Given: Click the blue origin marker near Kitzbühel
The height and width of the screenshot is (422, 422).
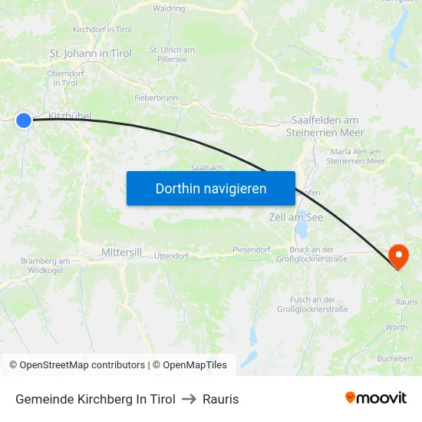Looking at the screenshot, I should (24, 120).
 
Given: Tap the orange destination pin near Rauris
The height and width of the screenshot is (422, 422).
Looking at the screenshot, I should (399, 256).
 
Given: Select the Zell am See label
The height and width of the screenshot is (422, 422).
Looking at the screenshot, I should (296, 218).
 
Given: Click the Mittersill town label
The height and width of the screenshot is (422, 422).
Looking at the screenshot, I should (121, 252).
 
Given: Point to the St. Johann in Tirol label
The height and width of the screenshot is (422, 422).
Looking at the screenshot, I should (91, 54).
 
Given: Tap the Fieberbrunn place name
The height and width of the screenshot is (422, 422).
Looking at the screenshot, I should (156, 99).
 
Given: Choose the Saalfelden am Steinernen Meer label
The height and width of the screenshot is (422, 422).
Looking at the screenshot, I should (325, 126).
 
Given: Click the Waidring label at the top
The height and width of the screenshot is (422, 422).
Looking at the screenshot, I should (169, 8).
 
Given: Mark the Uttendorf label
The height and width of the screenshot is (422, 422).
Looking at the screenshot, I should (171, 256).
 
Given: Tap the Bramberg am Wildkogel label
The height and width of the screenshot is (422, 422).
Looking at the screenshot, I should (45, 265).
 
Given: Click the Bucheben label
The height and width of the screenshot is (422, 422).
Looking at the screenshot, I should (394, 358).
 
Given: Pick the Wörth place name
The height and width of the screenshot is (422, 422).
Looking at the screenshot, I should (397, 328).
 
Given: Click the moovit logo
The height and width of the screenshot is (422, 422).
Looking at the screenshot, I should (376, 397).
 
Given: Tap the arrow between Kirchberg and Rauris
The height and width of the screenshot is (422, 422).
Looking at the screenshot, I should (189, 399).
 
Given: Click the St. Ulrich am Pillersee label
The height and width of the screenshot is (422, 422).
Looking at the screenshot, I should (172, 54).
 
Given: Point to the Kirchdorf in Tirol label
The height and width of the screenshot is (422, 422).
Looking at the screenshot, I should (103, 29).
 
